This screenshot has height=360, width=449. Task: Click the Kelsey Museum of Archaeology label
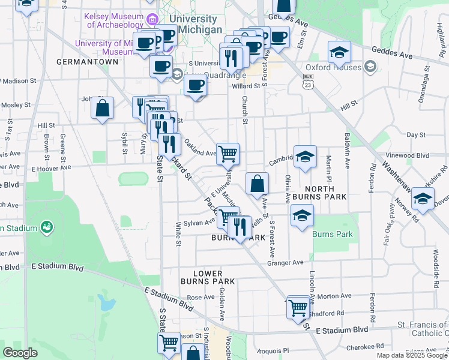(115, 20)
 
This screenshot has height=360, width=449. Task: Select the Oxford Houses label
(334, 67)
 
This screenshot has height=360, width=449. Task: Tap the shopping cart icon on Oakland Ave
(228, 154)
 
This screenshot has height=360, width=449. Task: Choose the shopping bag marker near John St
(103, 109)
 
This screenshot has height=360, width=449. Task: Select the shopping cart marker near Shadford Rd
(298, 307)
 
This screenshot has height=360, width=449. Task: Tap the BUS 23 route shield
(309, 81)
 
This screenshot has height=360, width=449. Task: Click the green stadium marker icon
(46, 227)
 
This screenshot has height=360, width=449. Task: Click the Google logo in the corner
(20, 353)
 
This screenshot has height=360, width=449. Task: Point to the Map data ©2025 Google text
(412, 355)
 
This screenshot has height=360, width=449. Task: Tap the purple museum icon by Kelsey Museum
(152, 20)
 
